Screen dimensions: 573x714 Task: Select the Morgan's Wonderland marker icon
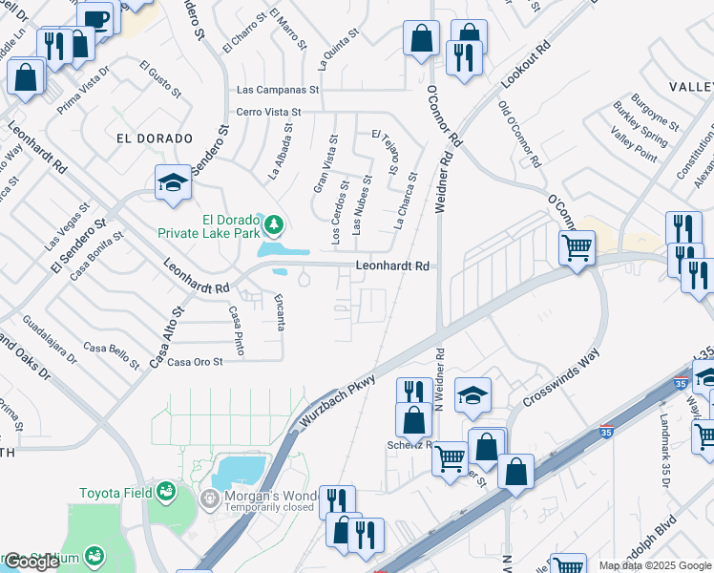click(x=209, y=498)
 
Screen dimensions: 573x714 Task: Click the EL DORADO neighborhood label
click(x=154, y=138)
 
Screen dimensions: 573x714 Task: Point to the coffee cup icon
click(x=95, y=18)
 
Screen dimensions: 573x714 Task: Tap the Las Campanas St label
click(x=277, y=90)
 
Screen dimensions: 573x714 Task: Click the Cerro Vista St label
click(x=268, y=112)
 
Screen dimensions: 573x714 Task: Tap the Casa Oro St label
click(x=195, y=362)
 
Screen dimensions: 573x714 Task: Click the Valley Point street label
click(x=634, y=146)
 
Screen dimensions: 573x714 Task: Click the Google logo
click(x=31, y=562)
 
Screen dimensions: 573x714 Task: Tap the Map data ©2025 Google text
click(x=655, y=565)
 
